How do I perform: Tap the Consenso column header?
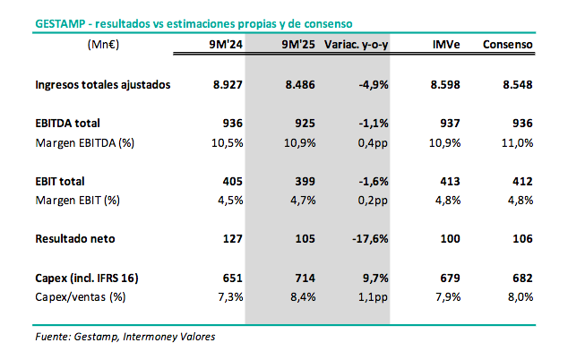507,43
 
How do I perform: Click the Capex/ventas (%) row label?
80,296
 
